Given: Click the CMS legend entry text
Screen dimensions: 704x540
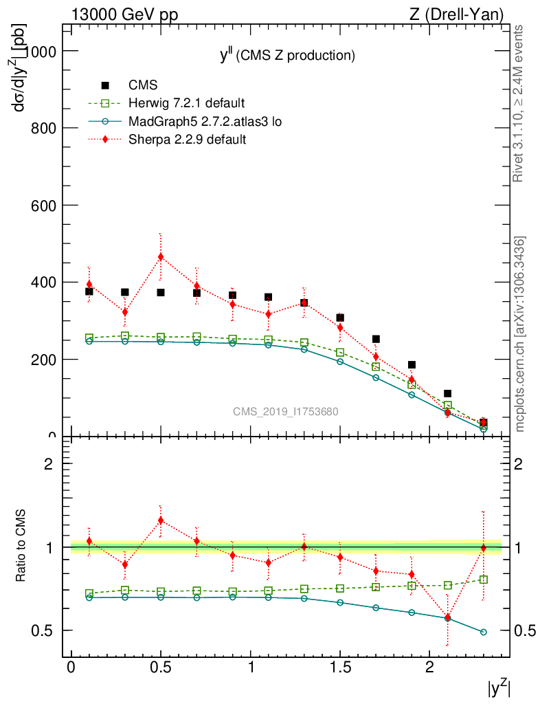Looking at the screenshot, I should (x=143, y=85).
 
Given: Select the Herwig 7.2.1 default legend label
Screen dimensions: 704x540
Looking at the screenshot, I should (x=186, y=104).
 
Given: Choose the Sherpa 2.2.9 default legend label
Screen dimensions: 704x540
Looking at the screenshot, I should (x=188, y=140).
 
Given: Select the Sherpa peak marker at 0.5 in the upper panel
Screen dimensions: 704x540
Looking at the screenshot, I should (x=161, y=257).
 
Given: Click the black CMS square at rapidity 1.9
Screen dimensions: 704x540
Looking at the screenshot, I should (x=412, y=365).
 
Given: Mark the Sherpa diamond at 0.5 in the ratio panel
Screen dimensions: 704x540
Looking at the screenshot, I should (x=161, y=520).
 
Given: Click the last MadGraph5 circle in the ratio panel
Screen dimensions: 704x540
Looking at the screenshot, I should (x=484, y=632).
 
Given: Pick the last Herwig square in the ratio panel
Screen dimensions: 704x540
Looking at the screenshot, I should (x=484, y=580).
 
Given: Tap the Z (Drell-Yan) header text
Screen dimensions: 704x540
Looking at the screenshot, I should (x=463, y=14).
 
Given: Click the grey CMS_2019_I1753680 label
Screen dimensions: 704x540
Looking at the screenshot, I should (x=285, y=412).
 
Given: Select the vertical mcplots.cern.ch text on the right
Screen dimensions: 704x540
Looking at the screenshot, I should (x=520, y=334).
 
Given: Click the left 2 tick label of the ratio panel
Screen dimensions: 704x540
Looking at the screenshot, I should (x=49, y=464).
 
